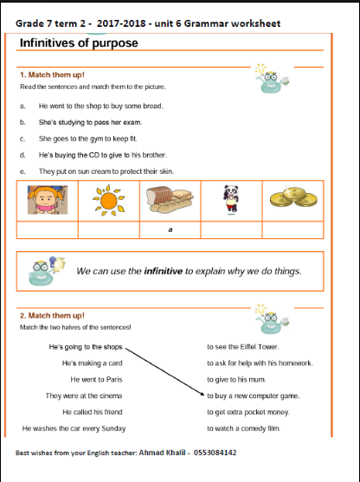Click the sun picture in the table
coord(108,201)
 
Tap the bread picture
coord(170,199)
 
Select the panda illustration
coord(231,199)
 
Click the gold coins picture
coord(293,196)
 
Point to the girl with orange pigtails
coord(48,200)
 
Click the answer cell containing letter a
coord(170,230)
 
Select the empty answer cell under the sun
coord(109,230)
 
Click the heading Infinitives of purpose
coord(79,42)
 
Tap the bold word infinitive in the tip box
coord(164,271)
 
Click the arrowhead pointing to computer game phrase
coord(202,394)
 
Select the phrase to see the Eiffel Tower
coord(243,347)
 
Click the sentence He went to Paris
coord(96,380)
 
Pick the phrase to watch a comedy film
coord(244,428)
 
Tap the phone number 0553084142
coord(215,453)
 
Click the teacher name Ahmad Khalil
coord(162,453)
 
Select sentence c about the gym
coord(88,138)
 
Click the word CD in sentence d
coord(94,155)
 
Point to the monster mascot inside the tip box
coord(46,271)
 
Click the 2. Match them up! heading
coord(52,315)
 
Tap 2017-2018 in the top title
coord(121,23)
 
